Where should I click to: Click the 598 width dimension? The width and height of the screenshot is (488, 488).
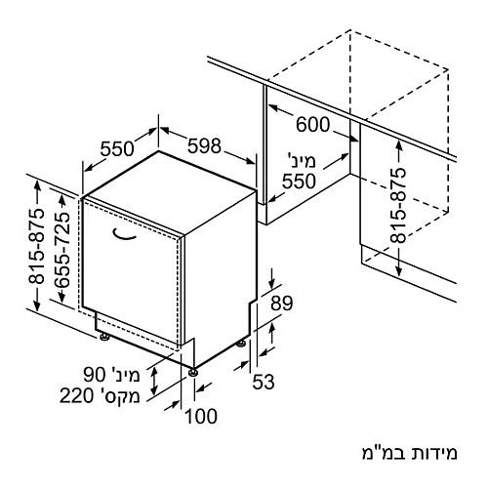point(204,145)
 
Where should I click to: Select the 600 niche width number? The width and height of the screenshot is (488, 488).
point(312,124)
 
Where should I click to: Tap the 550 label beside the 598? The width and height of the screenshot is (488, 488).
point(117,148)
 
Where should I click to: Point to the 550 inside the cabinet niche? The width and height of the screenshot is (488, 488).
point(299,181)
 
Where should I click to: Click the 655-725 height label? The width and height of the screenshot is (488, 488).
point(61,250)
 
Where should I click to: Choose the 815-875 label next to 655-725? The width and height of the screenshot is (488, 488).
point(36,246)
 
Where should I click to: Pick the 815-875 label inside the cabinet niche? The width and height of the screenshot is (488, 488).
point(398,206)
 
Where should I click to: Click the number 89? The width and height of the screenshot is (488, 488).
point(282,304)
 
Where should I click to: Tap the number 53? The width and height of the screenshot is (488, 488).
point(264,382)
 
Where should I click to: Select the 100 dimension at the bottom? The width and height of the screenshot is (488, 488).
point(201,416)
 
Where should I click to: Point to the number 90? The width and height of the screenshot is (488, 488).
point(95,374)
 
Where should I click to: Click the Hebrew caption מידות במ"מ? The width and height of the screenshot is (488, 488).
point(410,454)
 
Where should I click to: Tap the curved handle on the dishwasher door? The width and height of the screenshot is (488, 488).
point(124,235)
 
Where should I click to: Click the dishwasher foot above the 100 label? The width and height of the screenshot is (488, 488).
point(193,372)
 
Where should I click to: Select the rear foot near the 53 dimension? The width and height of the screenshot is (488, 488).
point(241,344)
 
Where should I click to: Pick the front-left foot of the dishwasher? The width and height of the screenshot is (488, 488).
point(104,337)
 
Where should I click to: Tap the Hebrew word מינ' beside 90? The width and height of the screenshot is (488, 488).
point(125,375)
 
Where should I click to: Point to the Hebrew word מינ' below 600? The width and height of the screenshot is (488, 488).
point(302,161)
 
